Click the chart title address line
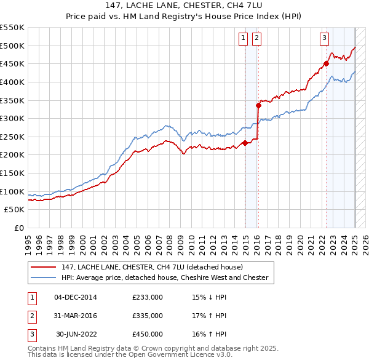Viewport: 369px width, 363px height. coord(184,6)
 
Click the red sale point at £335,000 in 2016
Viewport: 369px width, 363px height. coord(258,105)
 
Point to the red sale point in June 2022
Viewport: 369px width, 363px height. coord(327,63)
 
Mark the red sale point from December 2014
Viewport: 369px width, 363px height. coord(245,143)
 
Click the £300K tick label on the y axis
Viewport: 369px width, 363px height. coord(12,118)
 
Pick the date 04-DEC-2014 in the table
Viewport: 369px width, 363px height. coord(76,298)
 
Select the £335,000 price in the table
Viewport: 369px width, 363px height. coord(148,316)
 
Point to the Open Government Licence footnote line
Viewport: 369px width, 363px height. coord(130,355)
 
